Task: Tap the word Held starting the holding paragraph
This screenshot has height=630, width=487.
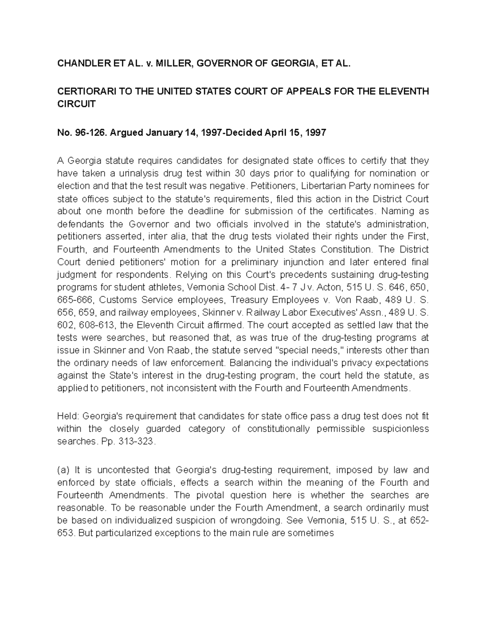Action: [x=65, y=416]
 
